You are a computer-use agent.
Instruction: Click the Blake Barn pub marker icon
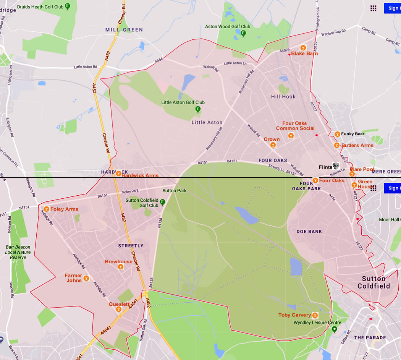click(x=303, y=48)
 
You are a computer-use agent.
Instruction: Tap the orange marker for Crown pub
click(x=272, y=145)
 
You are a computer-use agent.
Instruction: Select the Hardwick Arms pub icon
click(x=118, y=174)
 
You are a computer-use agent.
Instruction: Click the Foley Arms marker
click(x=46, y=209)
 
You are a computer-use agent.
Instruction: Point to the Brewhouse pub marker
click(x=121, y=267)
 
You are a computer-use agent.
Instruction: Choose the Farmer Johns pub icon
click(x=86, y=278)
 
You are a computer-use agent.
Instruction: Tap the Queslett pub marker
click(x=119, y=309)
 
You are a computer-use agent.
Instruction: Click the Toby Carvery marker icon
click(x=315, y=315)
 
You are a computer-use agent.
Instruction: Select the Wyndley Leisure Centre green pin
click(x=335, y=329)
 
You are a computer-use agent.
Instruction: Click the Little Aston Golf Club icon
click(x=198, y=109)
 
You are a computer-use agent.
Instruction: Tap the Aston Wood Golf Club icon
click(x=243, y=33)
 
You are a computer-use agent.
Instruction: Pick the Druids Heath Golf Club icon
click(x=68, y=6)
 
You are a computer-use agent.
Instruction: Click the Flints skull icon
click(x=336, y=166)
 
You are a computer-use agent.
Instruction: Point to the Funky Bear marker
click(x=337, y=134)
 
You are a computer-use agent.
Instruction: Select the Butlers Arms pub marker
click(x=336, y=145)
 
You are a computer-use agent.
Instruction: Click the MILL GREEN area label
click(x=124, y=30)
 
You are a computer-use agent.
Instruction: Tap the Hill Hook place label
click(x=283, y=97)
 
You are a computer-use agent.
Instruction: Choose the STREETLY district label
click(x=131, y=246)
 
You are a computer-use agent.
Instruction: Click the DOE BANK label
click(x=309, y=232)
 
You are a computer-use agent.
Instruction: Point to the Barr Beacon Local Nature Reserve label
click(x=18, y=252)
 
